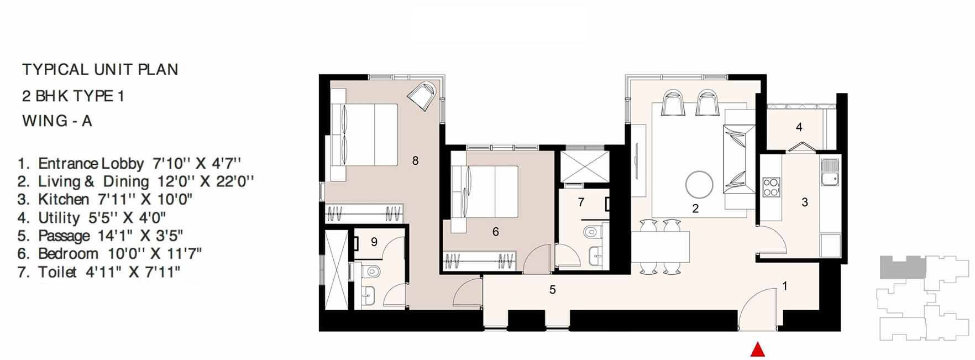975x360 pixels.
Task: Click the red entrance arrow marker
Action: tap(757, 350)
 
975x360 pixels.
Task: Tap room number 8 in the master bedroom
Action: tap(416, 161)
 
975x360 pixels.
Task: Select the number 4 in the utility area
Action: tap(799, 127)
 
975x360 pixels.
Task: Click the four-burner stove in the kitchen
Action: tap(770, 187)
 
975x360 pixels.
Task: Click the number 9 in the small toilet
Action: tap(374, 242)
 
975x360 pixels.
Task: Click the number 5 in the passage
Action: tap(552, 289)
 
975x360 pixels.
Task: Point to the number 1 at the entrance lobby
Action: tap(785, 286)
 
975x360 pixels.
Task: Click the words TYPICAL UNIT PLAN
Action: tap(100, 70)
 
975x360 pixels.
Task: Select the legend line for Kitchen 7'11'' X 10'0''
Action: tap(105, 199)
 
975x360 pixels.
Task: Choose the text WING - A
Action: tap(57, 121)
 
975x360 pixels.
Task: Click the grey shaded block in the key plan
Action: tap(902, 267)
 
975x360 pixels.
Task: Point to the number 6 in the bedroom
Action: tap(496, 232)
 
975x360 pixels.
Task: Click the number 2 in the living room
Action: tap(695, 208)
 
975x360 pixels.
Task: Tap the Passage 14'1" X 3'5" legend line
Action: tap(100, 236)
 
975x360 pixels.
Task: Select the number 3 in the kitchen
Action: tap(805, 202)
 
